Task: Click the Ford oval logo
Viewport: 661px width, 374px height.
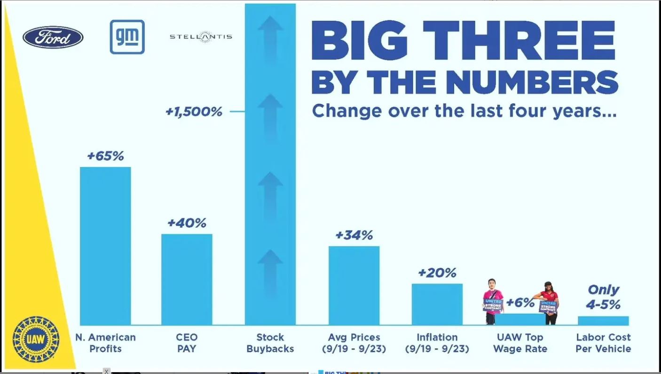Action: tap(53, 38)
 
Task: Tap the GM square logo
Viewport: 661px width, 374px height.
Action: tap(127, 37)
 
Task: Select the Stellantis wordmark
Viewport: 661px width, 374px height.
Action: tap(201, 37)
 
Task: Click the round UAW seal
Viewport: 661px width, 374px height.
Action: tap(36, 339)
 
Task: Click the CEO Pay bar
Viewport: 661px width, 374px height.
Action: tap(187, 279)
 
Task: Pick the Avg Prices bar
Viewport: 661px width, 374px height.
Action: tap(354, 285)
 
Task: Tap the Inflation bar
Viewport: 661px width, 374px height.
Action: tap(437, 304)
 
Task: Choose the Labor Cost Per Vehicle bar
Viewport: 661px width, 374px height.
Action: tap(603, 321)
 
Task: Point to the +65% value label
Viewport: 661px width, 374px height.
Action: tap(105, 156)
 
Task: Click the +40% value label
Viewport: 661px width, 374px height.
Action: tap(187, 223)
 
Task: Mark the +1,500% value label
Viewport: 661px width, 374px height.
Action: tap(194, 112)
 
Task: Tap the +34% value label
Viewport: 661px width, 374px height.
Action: tap(354, 235)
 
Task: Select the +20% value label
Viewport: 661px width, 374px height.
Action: tap(437, 273)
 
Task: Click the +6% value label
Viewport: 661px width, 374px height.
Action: tap(520, 303)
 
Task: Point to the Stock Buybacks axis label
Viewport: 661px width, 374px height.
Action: tap(270, 343)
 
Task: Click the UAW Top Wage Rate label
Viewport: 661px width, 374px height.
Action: tap(520, 343)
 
